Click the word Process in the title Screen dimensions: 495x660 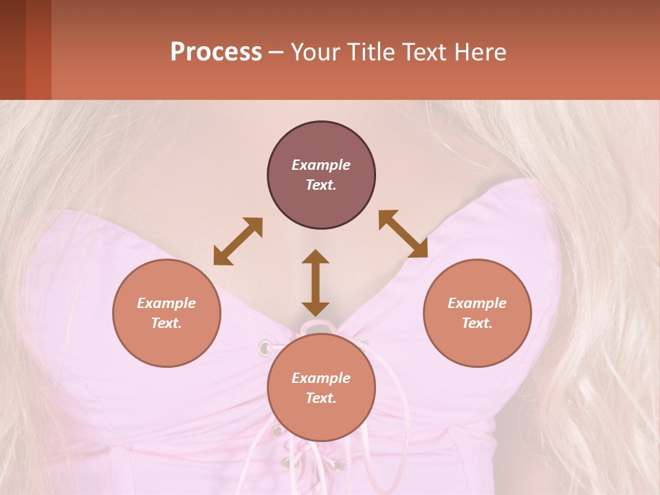pos(216,52)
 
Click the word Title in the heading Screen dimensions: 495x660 pos(371,52)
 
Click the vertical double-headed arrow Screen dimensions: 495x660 pos(316,283)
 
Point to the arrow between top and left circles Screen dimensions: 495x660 pos(238,241)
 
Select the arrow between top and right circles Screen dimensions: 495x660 pos(403,234)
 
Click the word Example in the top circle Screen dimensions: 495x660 pos(321,165)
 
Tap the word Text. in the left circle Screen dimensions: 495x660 pos(166,323)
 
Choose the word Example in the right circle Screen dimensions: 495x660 pos(477,303)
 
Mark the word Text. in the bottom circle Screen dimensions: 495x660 pos(321,398)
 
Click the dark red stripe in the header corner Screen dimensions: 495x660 pos(38,49)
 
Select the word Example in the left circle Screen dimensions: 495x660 pos(166,303)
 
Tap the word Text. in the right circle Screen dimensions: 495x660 pos(477,323)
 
